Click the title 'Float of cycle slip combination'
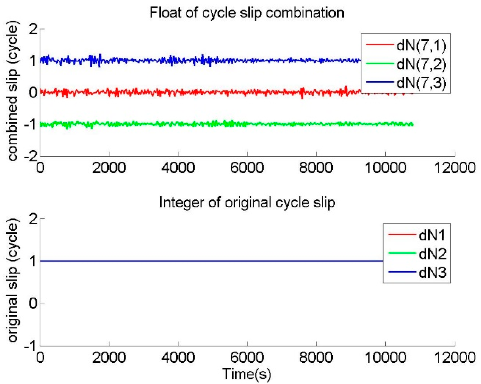pos(247,13)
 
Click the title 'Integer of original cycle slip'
pos(247,203)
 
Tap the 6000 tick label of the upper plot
pos(247,168)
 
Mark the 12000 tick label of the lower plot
pos(455,358)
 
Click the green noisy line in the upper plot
pos(188,124)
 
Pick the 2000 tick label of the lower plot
pos(109,358)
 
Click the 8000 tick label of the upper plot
pos(316,168)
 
